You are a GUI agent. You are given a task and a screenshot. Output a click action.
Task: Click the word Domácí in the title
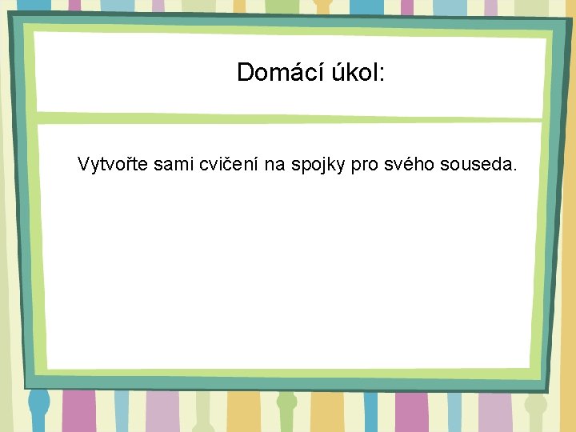click(276, 73)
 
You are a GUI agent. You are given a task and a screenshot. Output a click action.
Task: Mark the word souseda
click(474, 166)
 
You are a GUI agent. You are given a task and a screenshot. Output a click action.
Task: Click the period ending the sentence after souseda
click(514, 170)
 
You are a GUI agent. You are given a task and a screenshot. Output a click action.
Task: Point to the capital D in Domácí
click(246, 73)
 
